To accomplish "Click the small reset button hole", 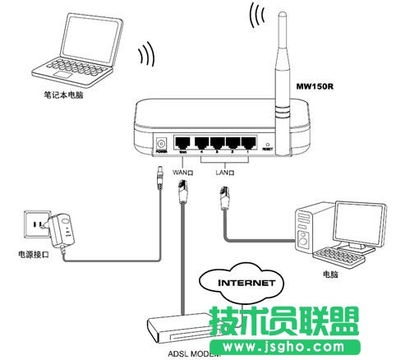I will [x=267, y=144].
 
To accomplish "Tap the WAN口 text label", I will [x=182, y=173].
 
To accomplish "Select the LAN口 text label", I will [x=225, y=173].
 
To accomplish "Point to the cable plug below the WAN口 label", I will [x=183, y=197].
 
